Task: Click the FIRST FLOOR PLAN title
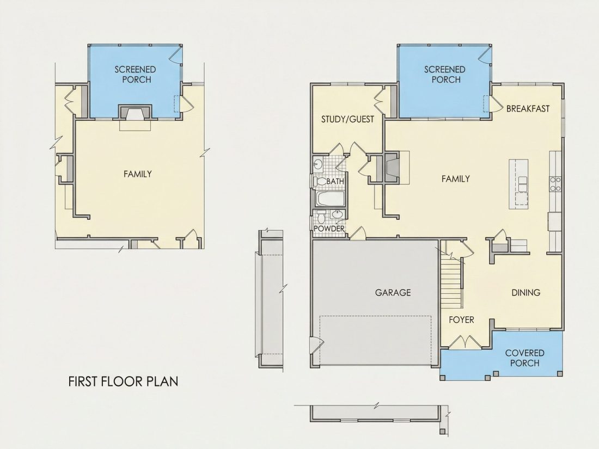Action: point(123,382)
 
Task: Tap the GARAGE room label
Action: point(393,292)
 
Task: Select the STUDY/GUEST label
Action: point(347,119)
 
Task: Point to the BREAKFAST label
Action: point(528,108)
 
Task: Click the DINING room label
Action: point(525,292)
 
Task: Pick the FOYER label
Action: point(461,319)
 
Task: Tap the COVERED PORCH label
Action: point(524,358)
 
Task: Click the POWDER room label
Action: point(329,229)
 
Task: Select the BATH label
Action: point(335,182)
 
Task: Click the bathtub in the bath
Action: point(331,199)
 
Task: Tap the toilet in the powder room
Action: point(321,217)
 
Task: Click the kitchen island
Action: point(518,184)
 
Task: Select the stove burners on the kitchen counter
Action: point(555,184)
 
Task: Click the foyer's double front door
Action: point(464,342)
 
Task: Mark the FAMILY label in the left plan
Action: point(138,174)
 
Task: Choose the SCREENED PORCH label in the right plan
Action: point(444,75)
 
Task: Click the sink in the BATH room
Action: point(318,165)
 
